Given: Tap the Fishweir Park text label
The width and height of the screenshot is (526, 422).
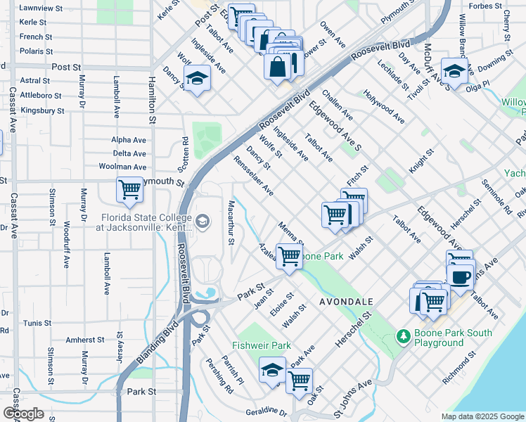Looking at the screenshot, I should [x=262, y=346].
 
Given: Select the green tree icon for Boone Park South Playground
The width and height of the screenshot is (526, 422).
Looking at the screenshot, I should [x=404, y=337].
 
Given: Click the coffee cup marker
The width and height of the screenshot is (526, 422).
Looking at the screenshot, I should [x=461, y=277].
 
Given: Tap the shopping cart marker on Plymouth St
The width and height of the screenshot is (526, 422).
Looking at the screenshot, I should [x=129, y=190].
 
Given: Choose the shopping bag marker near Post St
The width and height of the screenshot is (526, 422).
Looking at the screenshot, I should [x=278, y=67].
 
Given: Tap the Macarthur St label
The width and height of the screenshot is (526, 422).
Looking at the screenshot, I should [x=231, y=222].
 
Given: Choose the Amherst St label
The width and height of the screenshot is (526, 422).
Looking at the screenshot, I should [x=84, y=340].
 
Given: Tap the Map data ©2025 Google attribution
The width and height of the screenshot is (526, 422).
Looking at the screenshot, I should [x=482, y=416].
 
